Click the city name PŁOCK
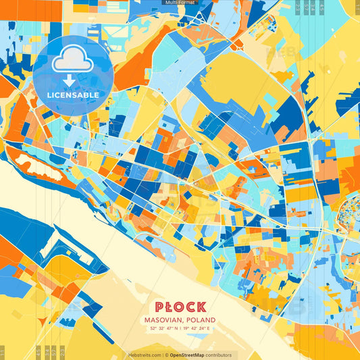click(179, 307)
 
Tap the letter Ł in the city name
click(169, 307)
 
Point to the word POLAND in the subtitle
click(202, 319)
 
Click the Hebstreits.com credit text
click(145, 355)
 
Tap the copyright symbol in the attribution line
click(165, 355)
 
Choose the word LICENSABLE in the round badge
click(73, 95)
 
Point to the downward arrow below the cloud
click(70, 80)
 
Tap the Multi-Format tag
click(179, 3)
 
